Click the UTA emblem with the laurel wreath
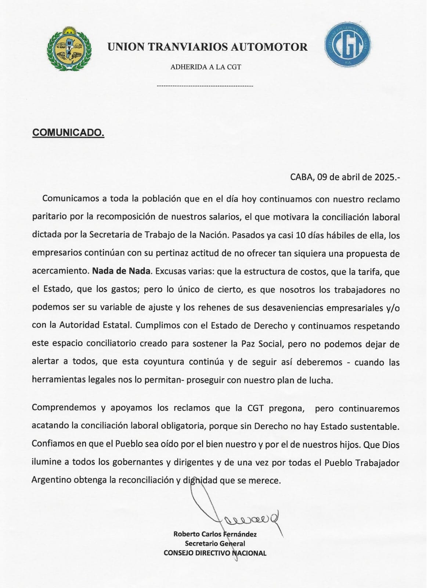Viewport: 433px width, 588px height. pyautogui.click(x=69, y=49)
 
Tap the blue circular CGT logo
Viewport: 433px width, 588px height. pyautogui.click(x=347, y=45)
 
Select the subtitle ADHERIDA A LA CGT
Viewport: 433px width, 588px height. pyautogui.click(x=206, y=67)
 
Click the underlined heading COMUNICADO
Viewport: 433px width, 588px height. pyautogui.click(x=68, y=133)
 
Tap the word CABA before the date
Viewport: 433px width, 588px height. pyautogui.click(x=302, y=177)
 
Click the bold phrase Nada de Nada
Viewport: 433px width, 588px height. pyautogui.click(x=121, y=271)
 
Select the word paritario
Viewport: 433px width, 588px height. pyautogui.click(x=50, y=217)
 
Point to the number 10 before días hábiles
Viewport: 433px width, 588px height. pyautogui.click(x=300, y=235)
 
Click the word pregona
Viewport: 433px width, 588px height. pyautogui.click(x=286, y=408)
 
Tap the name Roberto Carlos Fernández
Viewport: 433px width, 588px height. pyautogui.click(x=215, y=534)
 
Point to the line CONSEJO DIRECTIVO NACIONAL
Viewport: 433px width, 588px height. pyautogui.click(x=215, y=553)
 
